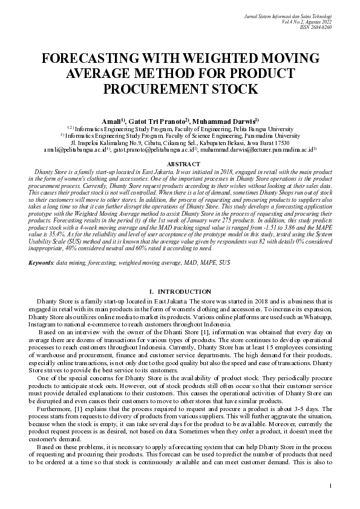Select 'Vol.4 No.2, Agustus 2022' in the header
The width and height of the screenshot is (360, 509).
click(x=308, y=21)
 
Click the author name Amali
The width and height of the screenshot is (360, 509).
click(x=113, y=120)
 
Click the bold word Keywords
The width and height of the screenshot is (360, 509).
click(x=41, y=246)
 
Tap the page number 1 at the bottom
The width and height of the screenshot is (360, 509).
click(x=330, y=485)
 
